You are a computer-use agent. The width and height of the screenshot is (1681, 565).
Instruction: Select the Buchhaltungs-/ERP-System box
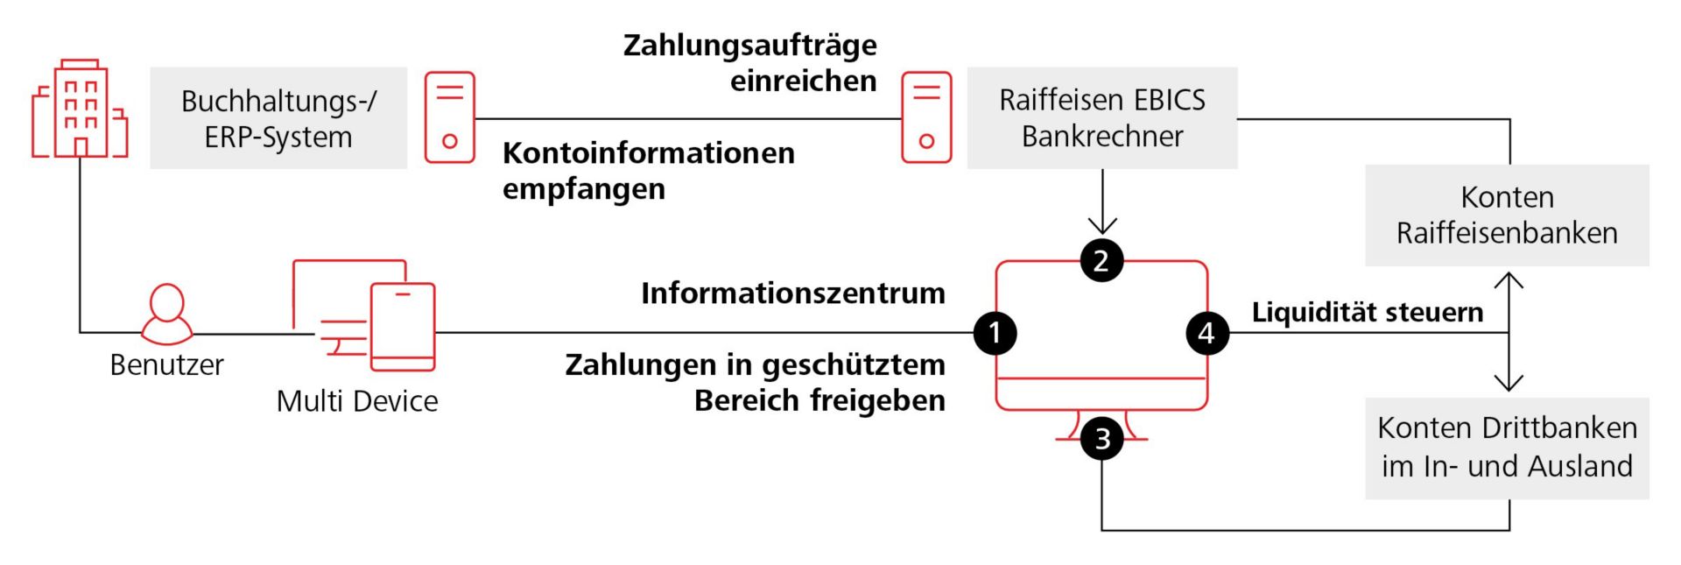(278, 118)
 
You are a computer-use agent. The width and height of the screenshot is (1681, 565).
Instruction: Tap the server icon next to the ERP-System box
(450, 117)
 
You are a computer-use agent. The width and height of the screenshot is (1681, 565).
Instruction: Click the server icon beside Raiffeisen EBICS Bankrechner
(926, 117)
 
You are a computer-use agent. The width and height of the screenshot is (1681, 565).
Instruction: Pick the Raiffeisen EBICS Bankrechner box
(1101, 118)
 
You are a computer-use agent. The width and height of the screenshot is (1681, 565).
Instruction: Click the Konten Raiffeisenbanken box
(1507, 215)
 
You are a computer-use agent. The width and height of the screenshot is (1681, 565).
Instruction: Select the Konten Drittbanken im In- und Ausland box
(1507, 448)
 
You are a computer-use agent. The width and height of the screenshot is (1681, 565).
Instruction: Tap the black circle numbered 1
(995, 333)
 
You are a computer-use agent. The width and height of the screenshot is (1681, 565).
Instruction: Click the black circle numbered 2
(1101, 260)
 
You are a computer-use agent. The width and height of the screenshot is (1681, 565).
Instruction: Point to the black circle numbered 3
(1101, 438)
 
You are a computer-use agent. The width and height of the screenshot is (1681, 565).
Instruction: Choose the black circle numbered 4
(1206, 333)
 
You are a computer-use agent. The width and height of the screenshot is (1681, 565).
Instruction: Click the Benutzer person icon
(166, 314)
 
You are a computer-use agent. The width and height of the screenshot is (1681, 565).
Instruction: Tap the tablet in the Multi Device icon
(403, 326)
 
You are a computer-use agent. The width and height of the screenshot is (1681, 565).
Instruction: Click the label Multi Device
(357, 401)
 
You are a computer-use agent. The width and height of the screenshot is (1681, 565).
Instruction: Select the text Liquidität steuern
(1367, 312)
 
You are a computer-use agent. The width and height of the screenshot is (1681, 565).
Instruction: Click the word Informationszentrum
(792, 293)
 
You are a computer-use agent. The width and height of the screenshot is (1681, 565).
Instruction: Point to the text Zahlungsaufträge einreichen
(750, 62)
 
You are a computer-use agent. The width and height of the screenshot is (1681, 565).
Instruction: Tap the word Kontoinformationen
(648, 153)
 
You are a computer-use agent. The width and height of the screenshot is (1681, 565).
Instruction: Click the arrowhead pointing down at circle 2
(1101, 227)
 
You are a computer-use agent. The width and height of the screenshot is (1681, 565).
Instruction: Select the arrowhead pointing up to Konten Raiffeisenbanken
(1509, 280)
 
